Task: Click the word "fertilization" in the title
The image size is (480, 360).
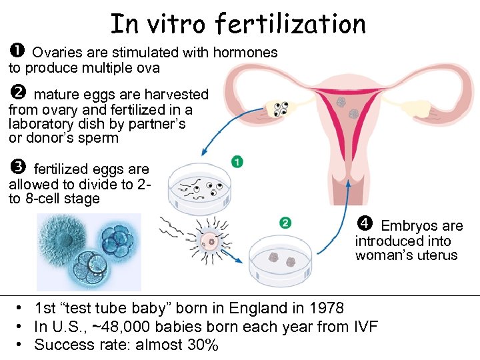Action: click(x=291, y=24)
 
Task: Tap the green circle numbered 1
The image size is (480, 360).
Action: click(x=237, y=162)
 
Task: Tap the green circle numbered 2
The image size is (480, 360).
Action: click(x=285, y=223)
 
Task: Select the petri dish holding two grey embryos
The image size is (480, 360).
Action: click(x=281, y=260)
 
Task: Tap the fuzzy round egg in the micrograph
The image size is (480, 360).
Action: click(x=62, y=238)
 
